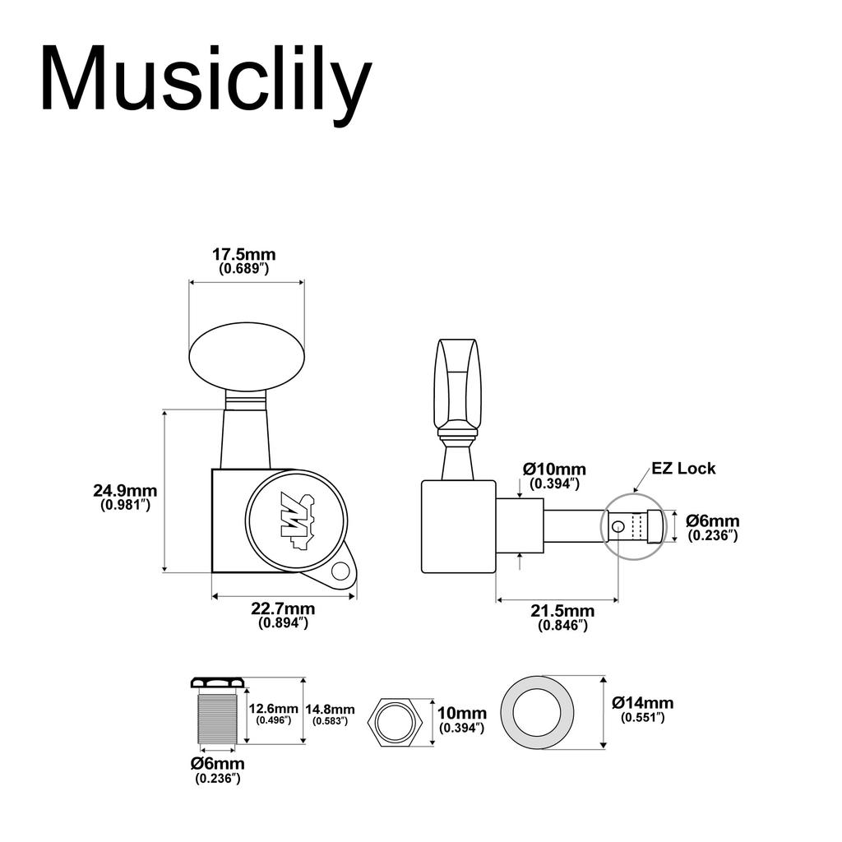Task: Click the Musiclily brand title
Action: (206, 81)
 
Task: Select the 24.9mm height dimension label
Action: (125, 492)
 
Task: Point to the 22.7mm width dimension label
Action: (283, 609)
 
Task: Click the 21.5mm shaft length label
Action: (562, 611)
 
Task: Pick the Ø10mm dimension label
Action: (554, 470)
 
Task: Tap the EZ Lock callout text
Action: (683, 469)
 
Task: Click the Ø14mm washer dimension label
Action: (643, 703)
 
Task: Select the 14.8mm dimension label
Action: (330, 710)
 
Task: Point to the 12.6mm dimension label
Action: (274, 709)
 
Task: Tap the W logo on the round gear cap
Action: (297, 520)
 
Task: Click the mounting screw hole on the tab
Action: (339, 571)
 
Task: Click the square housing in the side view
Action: (458, 526)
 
